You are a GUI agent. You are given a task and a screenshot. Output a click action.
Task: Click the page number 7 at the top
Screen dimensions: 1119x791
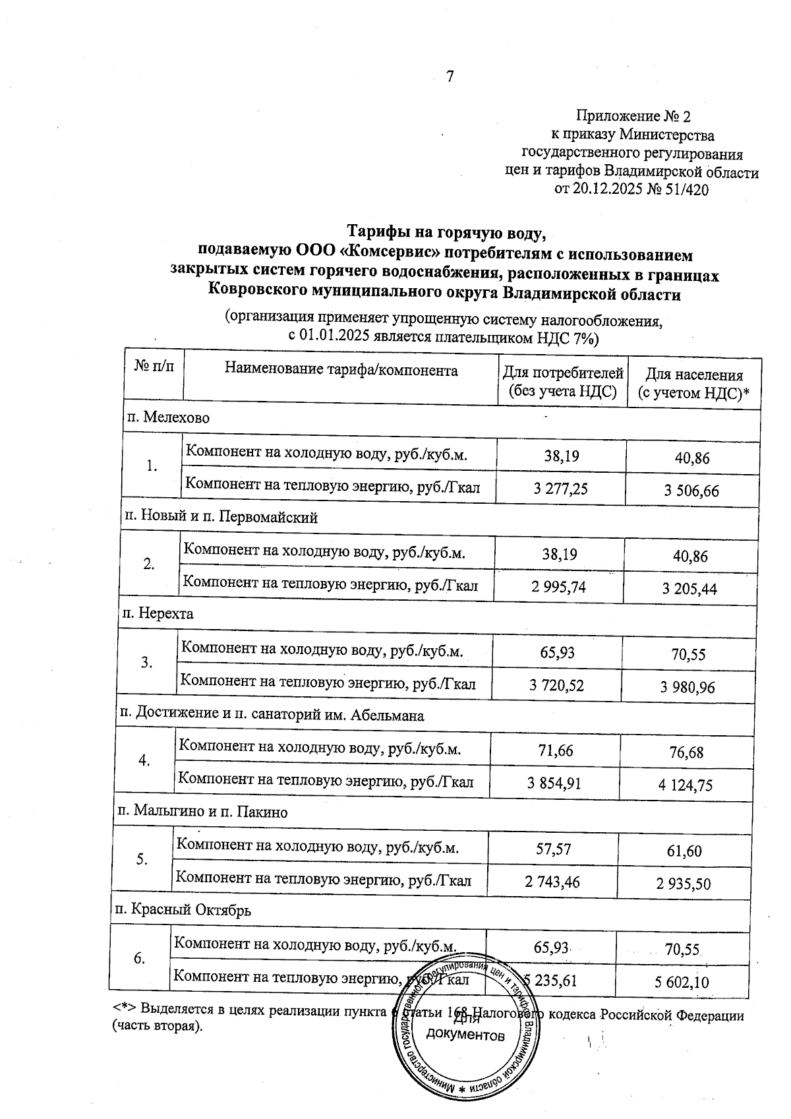[450, 77]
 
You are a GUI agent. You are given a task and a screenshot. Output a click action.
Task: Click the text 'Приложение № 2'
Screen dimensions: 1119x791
[633, 117]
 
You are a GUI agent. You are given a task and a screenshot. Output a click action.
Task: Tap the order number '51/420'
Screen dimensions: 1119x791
[686, 190]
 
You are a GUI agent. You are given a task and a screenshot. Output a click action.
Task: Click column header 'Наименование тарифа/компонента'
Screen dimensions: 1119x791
[341, 370]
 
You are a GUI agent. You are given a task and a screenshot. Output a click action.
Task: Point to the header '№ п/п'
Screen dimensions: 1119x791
[154, 366]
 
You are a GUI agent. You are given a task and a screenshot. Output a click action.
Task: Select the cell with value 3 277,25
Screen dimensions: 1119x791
[560, 488]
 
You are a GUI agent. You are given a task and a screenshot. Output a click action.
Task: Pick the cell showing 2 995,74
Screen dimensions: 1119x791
[558, 587]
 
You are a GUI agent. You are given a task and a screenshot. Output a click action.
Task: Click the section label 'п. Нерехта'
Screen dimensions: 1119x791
[158, 614]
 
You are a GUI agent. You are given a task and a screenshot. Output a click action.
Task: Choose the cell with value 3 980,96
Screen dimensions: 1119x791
[688, 688]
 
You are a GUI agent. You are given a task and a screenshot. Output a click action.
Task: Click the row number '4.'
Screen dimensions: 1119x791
[144, 760]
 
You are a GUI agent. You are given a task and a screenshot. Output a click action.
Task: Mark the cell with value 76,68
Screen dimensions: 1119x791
[686, 752]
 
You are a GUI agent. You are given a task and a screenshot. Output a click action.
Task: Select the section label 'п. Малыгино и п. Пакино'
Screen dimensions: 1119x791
[202, 812]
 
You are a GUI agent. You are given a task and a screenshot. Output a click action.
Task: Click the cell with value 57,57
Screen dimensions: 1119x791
[553, 849]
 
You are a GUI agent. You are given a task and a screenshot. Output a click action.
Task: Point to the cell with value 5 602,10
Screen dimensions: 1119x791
[682, 983]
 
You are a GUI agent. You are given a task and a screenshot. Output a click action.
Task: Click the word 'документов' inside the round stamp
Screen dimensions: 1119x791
[465, 1035]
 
